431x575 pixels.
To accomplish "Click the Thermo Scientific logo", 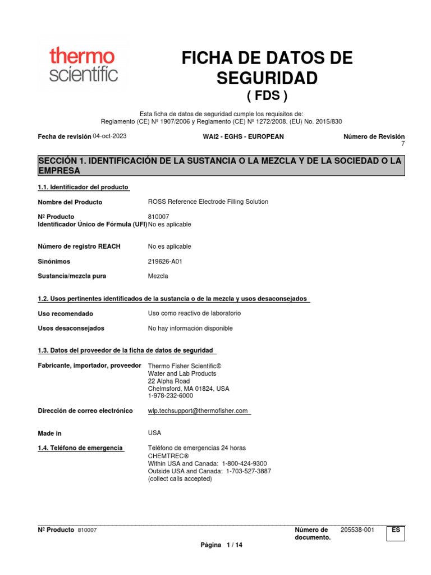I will tap(82, 65).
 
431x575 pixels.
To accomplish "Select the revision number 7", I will tap(402, 144).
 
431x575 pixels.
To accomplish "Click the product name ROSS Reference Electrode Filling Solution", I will tap(208, 202).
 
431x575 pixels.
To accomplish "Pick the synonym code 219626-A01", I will tap(165, 261).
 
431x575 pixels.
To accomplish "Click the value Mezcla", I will tap(158, 276).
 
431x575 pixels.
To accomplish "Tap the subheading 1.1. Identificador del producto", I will tap(83, 187).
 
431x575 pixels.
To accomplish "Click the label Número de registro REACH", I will tap(79, 247).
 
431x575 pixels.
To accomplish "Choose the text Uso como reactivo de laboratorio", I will tap(194, 313).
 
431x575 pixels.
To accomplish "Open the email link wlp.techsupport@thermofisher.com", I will tap(198, 411).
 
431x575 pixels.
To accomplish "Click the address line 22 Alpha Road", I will tap(165, 381).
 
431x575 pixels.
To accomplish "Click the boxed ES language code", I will tap(396, 530).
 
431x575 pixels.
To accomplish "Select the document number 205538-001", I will tap(357, 530).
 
